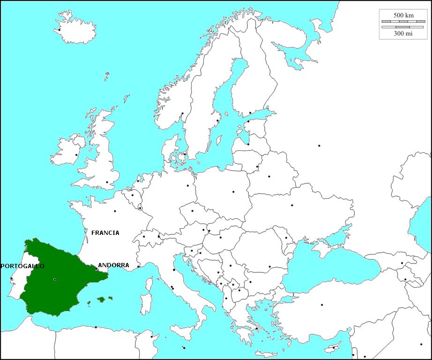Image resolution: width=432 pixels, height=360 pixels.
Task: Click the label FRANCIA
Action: [105, 232]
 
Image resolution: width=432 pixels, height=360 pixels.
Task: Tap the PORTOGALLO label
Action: [22, 266]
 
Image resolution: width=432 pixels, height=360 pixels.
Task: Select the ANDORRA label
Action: [113, 265]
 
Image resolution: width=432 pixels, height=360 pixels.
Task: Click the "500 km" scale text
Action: [403, 15]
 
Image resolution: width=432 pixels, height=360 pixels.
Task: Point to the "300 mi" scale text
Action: [403, 33]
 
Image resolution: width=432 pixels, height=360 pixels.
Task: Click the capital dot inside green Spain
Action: [55, 280]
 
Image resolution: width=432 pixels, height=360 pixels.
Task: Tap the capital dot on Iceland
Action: [60, 30]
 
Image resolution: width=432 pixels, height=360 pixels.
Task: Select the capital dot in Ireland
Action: [76, 155]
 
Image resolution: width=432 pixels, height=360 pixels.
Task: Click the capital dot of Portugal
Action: [11, 278]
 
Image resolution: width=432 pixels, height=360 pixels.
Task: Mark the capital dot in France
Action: [115, 211]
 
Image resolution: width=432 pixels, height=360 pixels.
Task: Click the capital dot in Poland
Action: [233, 192]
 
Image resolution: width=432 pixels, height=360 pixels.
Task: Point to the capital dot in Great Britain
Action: [107, 182]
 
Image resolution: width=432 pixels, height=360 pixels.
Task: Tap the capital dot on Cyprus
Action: [333, 347]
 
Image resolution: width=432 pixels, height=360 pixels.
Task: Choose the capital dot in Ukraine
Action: [292, 205]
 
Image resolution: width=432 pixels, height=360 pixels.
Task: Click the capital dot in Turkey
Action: [322, 305]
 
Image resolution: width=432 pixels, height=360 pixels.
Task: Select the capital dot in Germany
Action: [188, 186]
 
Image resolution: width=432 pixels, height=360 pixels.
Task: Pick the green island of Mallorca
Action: [100, 299]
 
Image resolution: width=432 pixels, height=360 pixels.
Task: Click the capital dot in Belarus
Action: [269, 176]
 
